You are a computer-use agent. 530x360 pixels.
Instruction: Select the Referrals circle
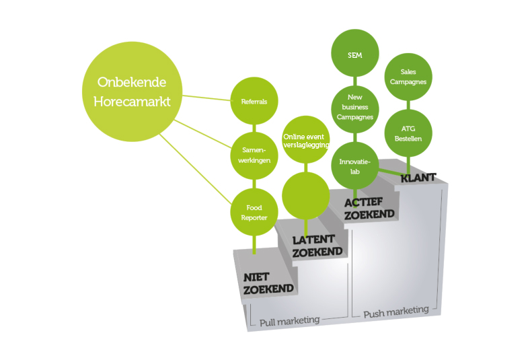click(x=254, y=102)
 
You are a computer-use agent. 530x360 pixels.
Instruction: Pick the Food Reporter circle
click(x=254, y=212)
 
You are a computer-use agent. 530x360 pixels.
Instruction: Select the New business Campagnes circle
click(x=354, y=108)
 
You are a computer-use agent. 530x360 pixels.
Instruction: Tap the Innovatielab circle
click(x=355, y=165)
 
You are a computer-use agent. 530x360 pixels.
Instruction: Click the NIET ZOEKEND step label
click(x=267, y=283)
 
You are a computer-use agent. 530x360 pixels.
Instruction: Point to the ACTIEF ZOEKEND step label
click(x=369, y=208)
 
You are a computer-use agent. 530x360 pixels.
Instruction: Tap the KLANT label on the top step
click(x=418, y=178)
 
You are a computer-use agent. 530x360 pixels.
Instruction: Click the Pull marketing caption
click(x=289, y=320)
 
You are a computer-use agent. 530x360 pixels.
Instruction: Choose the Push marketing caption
click(x=395, y=312)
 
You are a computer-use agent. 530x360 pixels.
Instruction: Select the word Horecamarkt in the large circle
click(x=131, y=102)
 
